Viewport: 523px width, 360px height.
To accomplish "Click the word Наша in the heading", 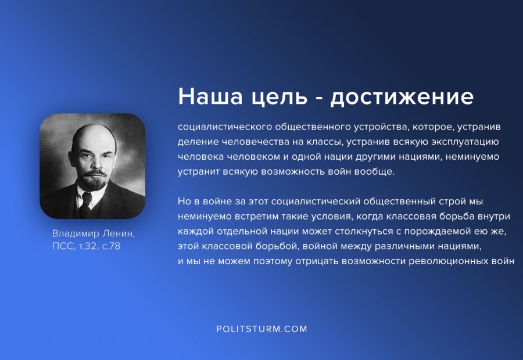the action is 210,96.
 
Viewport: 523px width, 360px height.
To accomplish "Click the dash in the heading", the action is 318,99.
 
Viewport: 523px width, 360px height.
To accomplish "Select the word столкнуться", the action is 364,231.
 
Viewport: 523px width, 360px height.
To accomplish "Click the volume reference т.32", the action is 87,246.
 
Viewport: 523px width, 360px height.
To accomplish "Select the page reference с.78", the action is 111,246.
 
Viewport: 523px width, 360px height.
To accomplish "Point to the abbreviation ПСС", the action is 64,246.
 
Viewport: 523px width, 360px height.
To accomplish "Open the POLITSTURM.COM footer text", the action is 262,329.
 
